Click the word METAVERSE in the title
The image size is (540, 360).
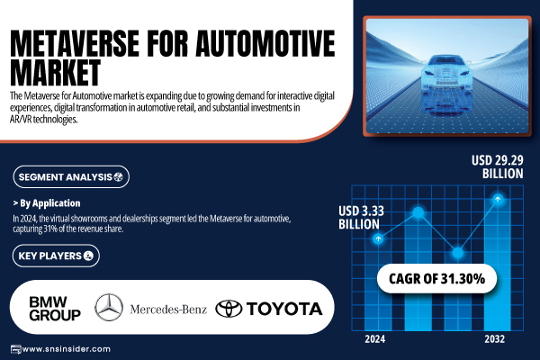click(75, 43)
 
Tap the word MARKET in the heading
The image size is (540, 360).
click(56, 72)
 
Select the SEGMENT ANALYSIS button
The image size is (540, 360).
click(71, 177)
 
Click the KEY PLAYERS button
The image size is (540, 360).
click(56, 256)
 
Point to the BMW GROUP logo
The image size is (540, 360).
click(55, 309)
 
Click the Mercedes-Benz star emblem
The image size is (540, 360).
click(109, 308)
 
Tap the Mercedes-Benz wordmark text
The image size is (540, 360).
click(168, 310)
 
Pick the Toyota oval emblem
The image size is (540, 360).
click(229, 309)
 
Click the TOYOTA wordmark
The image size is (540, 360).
click(284, 309)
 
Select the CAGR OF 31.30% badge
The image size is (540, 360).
click(436, 279)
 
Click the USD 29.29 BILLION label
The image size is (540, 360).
click(498, 167)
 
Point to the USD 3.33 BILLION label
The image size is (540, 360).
click(361, 218)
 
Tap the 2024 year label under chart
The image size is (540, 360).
click(375, 339)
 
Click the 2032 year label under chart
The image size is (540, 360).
click(494, 339)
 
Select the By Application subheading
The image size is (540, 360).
click(47, 203)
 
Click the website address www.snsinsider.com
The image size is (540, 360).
click(66, 349)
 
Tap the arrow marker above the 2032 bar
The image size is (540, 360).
click(498, 199)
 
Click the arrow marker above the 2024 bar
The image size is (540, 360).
click(378, 238)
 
